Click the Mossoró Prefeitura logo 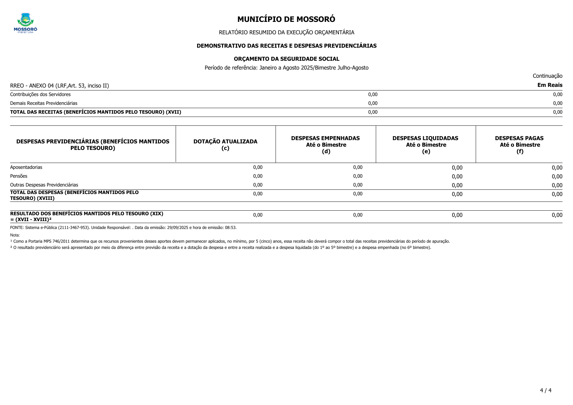pyautogui.click(x=25, y=23)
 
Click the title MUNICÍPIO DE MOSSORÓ pyautogui.click(x=286, y=19)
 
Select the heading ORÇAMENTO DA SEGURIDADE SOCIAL pyautogui.click(x=286, y=59)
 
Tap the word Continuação pyautogui.click(x=547, y=76)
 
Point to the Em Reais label pyautogui.click(x=550, y=85)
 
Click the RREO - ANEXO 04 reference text pyautogui.click(x=59, y=86)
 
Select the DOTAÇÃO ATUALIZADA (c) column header pyautogui.click(x=225, y=145)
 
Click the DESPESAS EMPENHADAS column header pyautogui.click(x=326, y=145)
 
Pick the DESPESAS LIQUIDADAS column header pyautogui.click(x=425, y=145)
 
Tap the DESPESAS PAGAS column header pyautogui.click(x=519, y=145)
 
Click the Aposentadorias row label pyautogui.click(x=26, y=167)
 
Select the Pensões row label pyautogui.click(x=19, y=176)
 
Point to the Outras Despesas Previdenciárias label pyautogui.click(x=44, y=185)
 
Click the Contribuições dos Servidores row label pyautogui.click(x=40, y=94)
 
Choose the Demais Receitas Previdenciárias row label pyautogui.click(x=44, y=103)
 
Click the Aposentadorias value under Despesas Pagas pyautogui.click(x=557, y=168)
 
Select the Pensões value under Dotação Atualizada pyautogui.click(x=258, y=176)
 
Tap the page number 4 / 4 pyautogui.click(x=546, y=390)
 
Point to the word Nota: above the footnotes pyautogui.click(x=15, y=235)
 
